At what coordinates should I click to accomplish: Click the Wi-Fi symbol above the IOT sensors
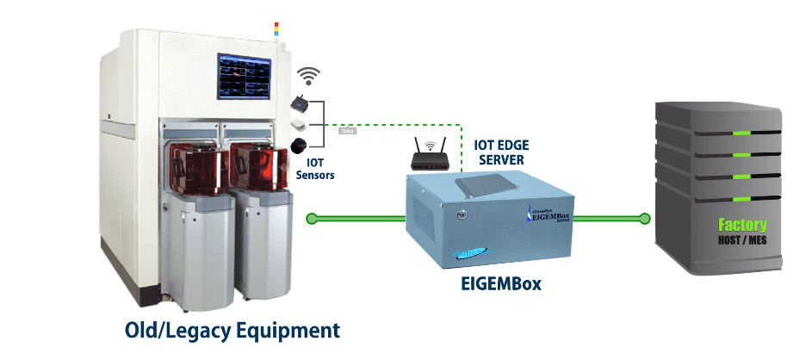point(308,77)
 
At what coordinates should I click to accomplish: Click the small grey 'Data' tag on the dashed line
point(349,132)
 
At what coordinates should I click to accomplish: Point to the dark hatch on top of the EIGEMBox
point(490,179)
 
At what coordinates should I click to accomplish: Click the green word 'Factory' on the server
point(742,226)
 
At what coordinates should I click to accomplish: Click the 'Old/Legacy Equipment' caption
point(232,330)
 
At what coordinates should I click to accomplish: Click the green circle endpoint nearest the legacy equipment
point(312,219)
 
